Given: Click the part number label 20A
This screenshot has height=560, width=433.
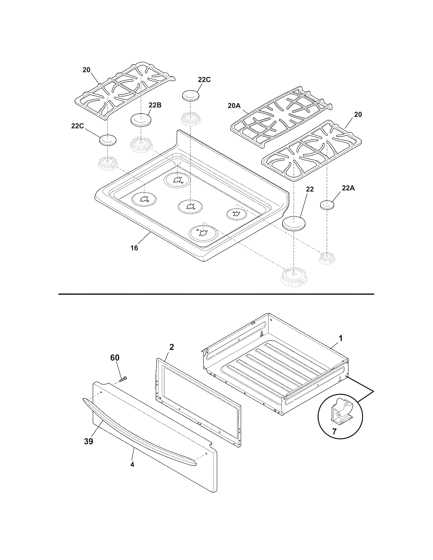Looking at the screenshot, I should [x=234, y=106].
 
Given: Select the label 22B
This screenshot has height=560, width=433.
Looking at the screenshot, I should [x=155, y=105].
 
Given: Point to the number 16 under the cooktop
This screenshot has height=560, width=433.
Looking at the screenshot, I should [x=134, y=248].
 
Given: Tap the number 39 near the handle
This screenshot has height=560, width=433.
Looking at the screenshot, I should [x=88, y=442].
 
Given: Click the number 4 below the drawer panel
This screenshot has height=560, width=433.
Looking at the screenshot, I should [x=132, y=464].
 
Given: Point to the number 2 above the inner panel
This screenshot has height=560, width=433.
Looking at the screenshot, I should [x=172, y=347].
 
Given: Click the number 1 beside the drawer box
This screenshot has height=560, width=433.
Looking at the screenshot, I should [x=340, y=339].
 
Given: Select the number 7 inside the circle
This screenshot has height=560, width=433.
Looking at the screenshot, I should [x=334, y=431].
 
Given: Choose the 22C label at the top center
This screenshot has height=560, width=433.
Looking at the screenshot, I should [x=204, y=80].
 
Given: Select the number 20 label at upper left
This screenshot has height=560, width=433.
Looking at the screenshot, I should [x=86, y=70].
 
